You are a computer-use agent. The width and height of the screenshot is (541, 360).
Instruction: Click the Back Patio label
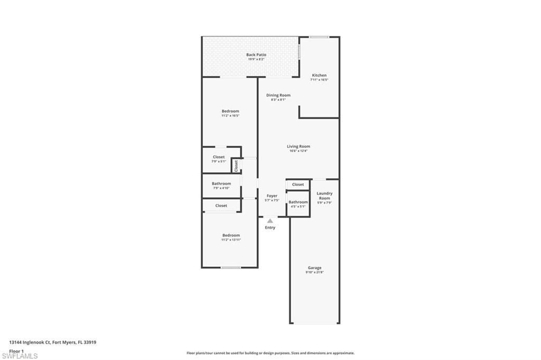pyautogui.click(x=256, y=55)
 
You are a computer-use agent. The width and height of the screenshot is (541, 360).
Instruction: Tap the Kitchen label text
pyautogui.click(x=319, y=75)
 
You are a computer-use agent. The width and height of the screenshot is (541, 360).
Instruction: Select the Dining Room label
pyautogui.click(x=278, y=96)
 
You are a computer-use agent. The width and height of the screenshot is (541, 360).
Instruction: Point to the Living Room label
pyautogui.click(x=299, y=147)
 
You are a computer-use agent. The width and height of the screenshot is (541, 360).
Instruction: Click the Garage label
pyautogui.click(x=314, y=268)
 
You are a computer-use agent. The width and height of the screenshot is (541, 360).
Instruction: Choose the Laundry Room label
pyautogui.click(x=324, y=196)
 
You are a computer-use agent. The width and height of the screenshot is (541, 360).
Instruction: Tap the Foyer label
pyautogui.click(x=272, y=196)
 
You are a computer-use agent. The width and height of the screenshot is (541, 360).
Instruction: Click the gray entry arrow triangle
pyautogui.click(x=270, y=221)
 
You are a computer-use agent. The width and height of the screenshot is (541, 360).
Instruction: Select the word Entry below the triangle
pyautogui.click(x=270, y=228)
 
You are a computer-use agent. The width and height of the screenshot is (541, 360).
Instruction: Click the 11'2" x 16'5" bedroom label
pyautogui.click(x=230, y=111)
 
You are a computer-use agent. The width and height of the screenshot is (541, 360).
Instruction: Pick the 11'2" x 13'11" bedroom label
pyautogui.click(x=231, y=235)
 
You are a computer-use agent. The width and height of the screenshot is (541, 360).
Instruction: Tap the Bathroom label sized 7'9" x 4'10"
pyautogui.click(x=221, y=184)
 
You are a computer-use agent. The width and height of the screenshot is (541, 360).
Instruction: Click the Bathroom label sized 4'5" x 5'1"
pyautogui.click(x=298, y=202)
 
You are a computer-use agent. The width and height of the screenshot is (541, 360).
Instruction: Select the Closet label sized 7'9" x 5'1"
pyautogui.click(x=219, y=157)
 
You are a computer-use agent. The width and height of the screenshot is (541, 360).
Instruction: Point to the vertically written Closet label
pyautogui.click(x=236, y=165)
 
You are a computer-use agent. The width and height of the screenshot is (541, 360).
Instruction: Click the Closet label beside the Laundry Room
pyautogui.click(x=298, y=184)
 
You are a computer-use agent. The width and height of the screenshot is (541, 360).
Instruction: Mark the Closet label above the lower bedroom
pyautogui.click(x=221, y=205)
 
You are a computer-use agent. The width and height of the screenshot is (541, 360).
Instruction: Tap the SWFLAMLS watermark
pyautogui.click(x=20, y=356)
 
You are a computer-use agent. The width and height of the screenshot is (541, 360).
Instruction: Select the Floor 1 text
pyautogui.click(x=17, y=350)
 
